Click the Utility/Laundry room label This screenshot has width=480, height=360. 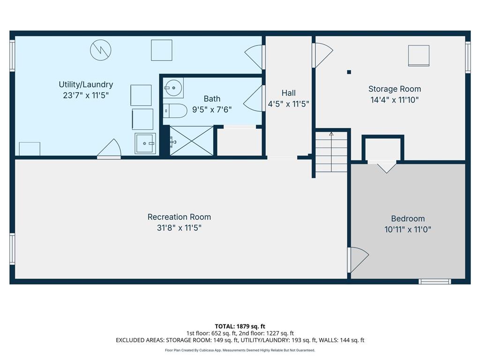coord(86,85)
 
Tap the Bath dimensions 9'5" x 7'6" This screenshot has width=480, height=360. coord(212,109)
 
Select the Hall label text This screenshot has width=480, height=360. coord(288,93)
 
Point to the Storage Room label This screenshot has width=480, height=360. coord(394,89)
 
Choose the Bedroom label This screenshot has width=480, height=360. coord(408,218)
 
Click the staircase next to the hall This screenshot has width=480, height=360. coord(331,152)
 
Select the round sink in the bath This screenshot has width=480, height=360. coord(173,87)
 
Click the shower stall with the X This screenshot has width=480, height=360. coord(191,141)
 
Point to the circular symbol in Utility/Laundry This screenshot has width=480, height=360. coord(101,50)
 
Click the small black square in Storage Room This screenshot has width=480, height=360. coord(349,72)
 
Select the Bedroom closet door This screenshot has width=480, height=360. coord(386,166)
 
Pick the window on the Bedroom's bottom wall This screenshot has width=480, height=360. coord(435,281)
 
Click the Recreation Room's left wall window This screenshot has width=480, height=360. coord(12,249)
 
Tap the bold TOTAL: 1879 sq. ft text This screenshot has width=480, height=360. coord(240,326)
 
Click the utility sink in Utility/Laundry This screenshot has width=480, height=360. coord(144,143)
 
